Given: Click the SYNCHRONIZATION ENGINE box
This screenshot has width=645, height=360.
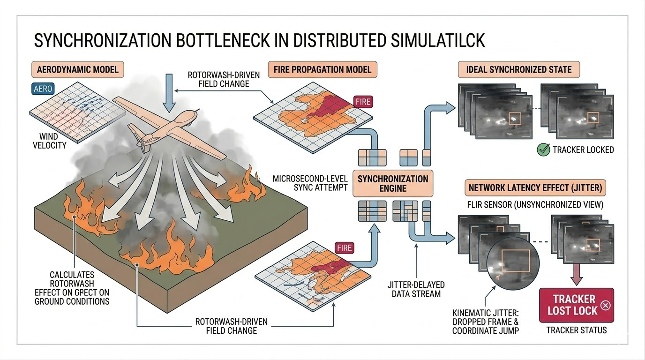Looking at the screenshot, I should tap(393, 184).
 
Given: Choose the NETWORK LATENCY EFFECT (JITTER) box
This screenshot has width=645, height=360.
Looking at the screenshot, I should tap(535, 188).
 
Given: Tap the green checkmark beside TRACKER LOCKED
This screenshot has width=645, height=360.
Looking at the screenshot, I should tap(543, 150).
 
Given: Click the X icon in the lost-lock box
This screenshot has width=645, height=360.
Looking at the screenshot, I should tap(605, 306).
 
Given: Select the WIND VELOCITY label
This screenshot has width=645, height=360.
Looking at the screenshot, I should tap(50, 141).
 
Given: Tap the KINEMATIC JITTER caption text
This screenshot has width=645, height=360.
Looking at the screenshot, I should tap(486, 322).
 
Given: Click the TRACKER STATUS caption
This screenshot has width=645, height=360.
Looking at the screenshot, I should tap(576, 330).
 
